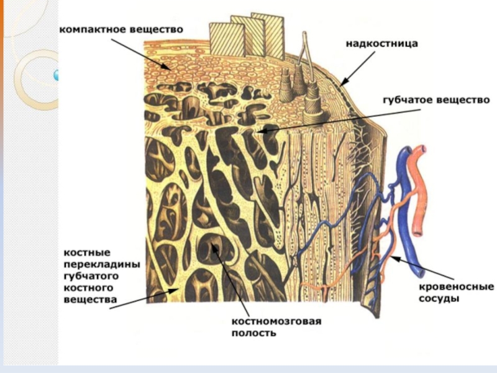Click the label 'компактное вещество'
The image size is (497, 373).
pyautogui.click(x=121, y=29)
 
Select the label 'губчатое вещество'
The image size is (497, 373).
pyautogui.click(x=428, y=99)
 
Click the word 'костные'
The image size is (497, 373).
pyautogui.click(x=87, y=254)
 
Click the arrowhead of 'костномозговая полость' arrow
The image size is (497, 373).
pyautogui.click(x=212, y=245)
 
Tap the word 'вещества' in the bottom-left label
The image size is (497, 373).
pyautogui.click(x=91, y=299)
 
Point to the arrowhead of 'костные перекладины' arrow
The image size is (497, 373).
pyautogui.click(x=180, y=289)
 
